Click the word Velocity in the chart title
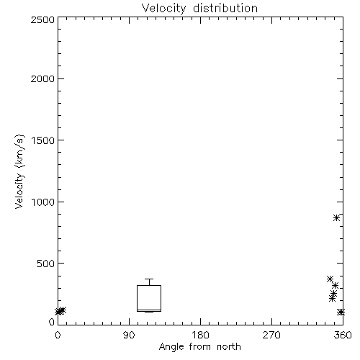[163, 8]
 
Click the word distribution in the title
[225, 8]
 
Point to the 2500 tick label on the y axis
[42, 19]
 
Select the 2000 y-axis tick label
[42, 78]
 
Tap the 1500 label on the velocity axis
[43, 140]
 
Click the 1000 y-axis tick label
[43, 202]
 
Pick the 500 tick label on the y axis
[46, 264]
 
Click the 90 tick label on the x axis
[129, 335]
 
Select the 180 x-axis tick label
[200, 335]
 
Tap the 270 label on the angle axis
[271, 335]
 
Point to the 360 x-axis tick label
[343, 335]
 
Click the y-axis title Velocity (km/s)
[19, 171]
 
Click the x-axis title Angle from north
[200, 347]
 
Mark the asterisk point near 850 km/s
[336, 218]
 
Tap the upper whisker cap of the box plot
[149, 279]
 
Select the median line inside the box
[149, 310]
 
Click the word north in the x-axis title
[229, 346]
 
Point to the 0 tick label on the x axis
[58, 335]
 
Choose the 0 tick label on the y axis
[52, 322]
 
